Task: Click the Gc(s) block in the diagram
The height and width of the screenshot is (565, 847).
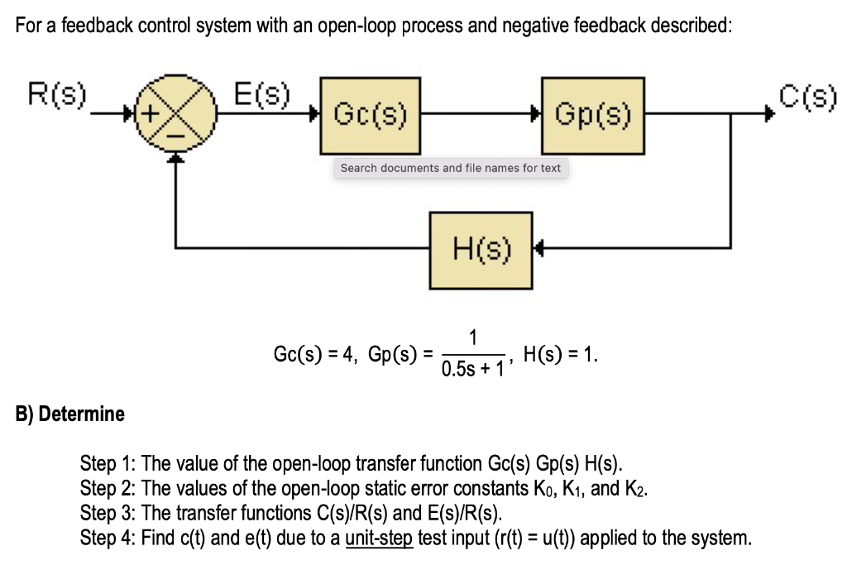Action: (370, 116)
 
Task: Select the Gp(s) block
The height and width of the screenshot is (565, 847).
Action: (592, 116)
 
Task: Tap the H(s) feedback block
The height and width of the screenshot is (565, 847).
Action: (481, 247)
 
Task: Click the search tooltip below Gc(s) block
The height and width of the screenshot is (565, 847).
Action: (450, 168)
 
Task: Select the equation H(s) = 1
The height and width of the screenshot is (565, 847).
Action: (560, 356)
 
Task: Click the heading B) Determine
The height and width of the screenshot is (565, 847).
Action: (70, 414)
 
